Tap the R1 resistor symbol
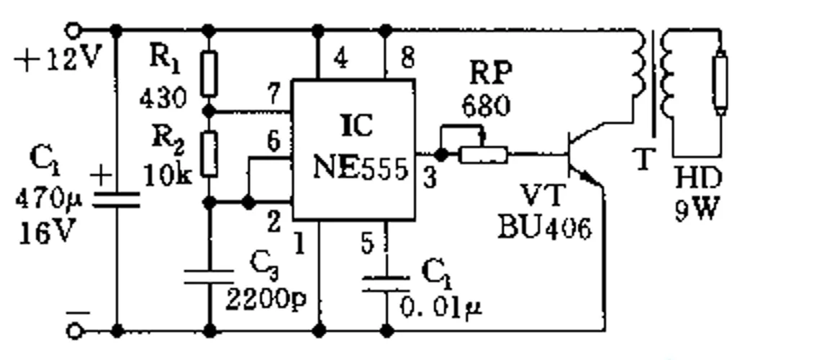[x=209, y=74]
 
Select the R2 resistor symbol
[x=209, y=153]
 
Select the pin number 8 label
[x=407, y=58]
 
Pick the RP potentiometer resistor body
[x=484, y=155]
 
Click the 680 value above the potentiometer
[x=486, y=106]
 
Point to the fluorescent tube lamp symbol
[x=720, y=81]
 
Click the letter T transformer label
[x=643, y=158]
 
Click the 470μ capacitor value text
[x=48, y=199]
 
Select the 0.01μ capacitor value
[x=440, y=307]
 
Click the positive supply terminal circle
[x=73, y=30]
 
